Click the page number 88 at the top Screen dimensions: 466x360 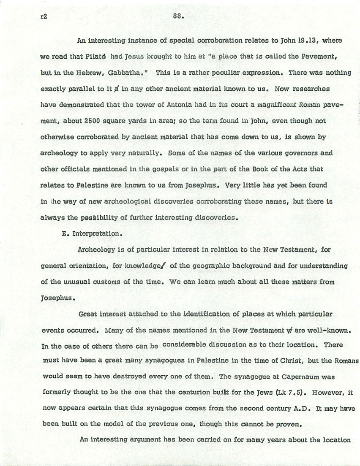(x=177, y=17)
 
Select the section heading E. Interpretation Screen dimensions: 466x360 (x=91, y=233)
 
